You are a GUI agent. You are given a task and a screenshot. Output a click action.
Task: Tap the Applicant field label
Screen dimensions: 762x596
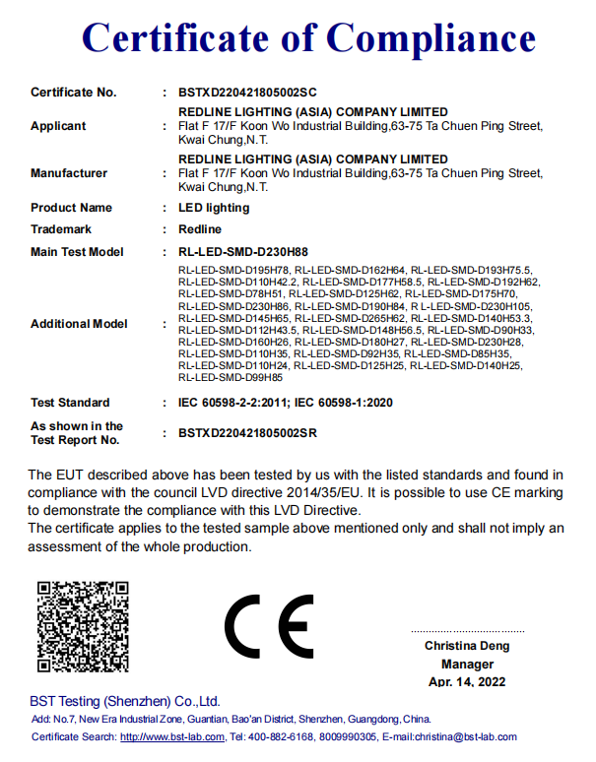[x=58, y=126]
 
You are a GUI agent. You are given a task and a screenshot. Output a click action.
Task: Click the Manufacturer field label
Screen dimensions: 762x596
[x=69, y=173]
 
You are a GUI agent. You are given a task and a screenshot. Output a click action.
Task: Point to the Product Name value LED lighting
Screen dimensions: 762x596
[x=214, y=208]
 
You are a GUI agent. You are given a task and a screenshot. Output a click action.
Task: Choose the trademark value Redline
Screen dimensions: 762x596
[x=200, y=229]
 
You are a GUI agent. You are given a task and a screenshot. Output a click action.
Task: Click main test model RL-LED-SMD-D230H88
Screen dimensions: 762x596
[x=242, y=252]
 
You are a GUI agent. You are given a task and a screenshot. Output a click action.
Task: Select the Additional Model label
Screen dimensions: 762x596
[x=79, y=324]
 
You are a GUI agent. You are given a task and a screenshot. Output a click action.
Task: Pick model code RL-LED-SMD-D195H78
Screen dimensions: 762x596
[x=233, y=270]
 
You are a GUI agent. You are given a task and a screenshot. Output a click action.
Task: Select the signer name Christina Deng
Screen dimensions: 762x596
[x=467, y=647]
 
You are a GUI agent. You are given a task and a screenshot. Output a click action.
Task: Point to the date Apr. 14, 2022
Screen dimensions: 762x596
[x=467, y=682]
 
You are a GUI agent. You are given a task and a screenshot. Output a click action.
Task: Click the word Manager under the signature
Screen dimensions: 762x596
[x=467, y=665]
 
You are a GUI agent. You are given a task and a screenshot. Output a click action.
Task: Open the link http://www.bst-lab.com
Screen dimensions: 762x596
[x=173, y=736]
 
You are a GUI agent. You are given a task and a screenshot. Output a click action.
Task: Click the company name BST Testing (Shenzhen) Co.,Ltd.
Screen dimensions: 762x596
[x=124, y=702]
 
